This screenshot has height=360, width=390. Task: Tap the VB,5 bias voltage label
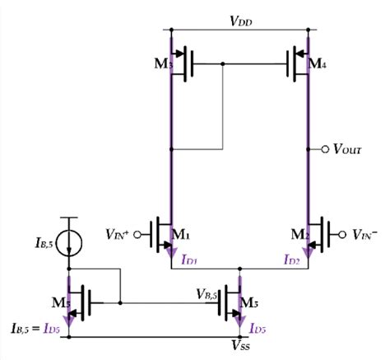click(x=207, y=292)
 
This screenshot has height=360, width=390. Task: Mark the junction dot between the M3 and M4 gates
click(x=224, y=63)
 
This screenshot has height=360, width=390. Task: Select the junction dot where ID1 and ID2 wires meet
click(x=239, y=268)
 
